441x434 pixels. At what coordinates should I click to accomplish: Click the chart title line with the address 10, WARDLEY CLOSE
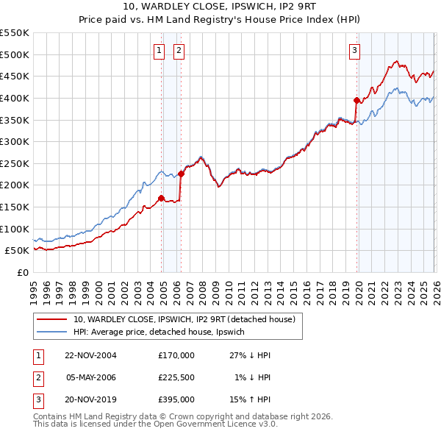[220, 7]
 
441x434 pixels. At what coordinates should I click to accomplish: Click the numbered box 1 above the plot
[159, 50]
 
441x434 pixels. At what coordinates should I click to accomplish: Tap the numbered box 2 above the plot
[179, 50]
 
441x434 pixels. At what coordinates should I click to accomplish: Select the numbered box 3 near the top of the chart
[354, 50]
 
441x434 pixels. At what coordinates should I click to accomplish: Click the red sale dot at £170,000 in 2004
[162, 198]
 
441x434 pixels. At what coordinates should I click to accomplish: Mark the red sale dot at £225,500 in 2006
[181, 174]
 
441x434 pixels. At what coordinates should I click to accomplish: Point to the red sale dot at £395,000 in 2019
[356, 100]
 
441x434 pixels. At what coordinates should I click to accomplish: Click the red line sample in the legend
[51, 319]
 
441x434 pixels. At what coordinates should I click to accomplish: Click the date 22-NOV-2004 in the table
[91, 355]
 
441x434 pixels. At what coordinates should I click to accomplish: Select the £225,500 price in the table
[176, 377]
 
